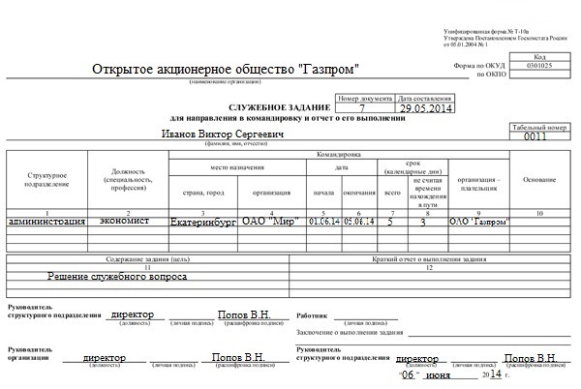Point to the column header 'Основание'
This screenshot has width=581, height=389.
538,180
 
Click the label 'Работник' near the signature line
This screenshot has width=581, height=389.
313,314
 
